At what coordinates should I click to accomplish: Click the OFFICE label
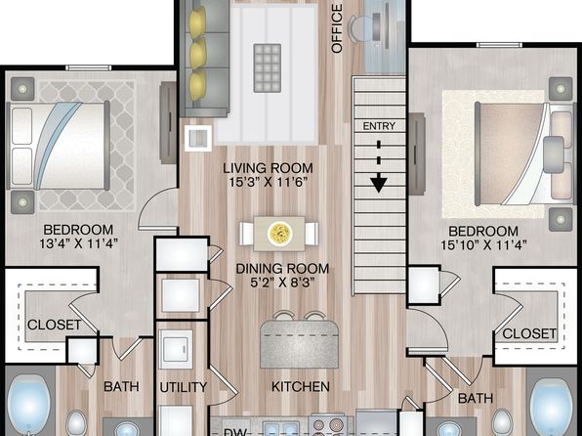(337, 28)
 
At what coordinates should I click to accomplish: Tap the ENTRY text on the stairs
(379, 126)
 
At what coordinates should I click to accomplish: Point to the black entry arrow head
(379, 185)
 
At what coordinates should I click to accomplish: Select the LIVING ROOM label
(268, 168)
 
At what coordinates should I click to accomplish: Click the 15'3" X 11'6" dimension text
(269, 183)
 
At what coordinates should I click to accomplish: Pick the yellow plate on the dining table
(279, 234)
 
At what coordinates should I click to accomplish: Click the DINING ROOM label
(282, 269)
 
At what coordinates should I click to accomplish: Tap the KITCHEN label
(301, 386)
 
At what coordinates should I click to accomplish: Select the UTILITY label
(184, 387)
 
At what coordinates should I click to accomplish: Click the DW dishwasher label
(235, 432)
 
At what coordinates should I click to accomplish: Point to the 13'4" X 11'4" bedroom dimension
(79, 243)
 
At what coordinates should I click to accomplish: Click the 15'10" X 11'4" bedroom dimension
(483, 245)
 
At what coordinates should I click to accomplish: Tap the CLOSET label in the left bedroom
(54, 325)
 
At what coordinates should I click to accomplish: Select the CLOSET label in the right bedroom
(529, 333)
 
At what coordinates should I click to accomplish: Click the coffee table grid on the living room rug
(268, 68)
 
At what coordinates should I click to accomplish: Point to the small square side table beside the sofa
(198, 138)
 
